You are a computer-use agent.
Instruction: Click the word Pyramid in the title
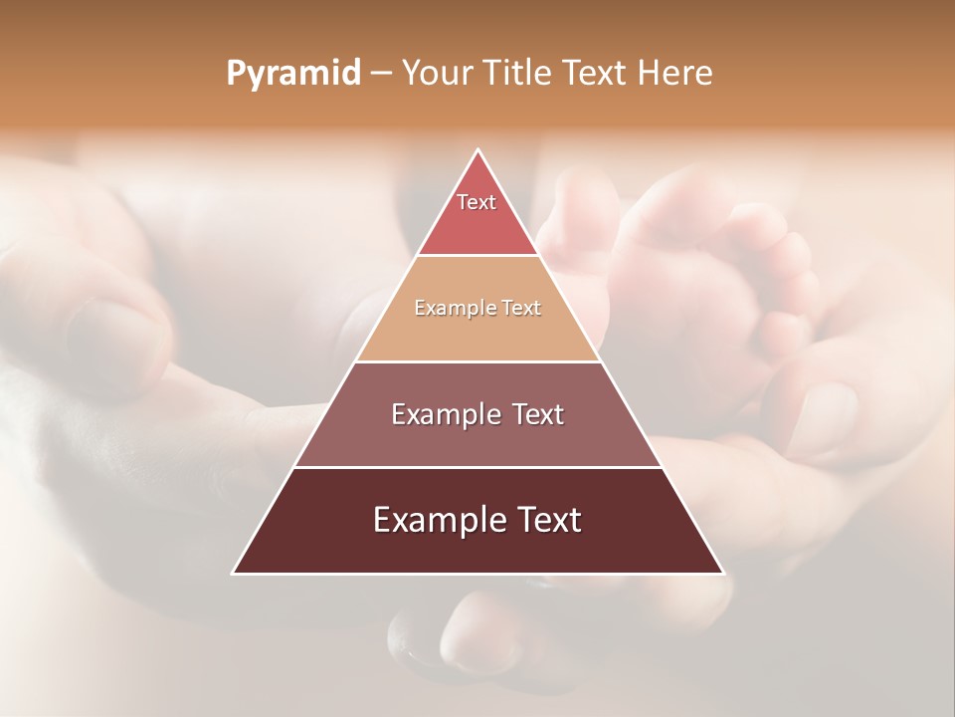pos(293,73)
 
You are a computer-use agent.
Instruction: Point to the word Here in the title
pos(675,73)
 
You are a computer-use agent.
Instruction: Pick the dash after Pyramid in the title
pos(381,74)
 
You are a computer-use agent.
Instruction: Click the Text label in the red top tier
pos(477,202)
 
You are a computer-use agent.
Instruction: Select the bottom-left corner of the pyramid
pos(235,573)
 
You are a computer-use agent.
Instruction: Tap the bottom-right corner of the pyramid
pos(722,573)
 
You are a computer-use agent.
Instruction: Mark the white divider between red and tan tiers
pos(477,256)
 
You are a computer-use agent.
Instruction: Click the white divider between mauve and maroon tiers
pos(477,467)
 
